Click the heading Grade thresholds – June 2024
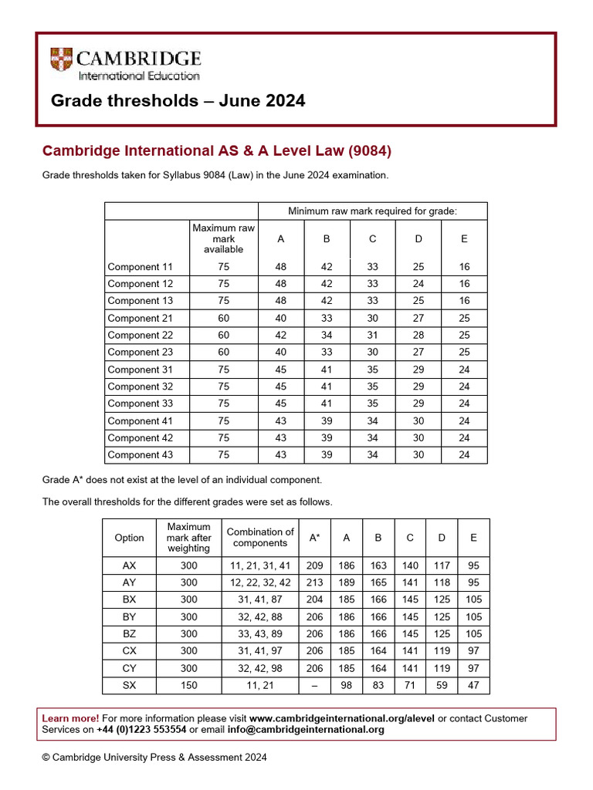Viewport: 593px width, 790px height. [178, 101]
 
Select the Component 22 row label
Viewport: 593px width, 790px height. [141, 335]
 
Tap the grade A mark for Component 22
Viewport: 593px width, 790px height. [280, 335]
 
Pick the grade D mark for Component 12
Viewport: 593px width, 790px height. [418, 284]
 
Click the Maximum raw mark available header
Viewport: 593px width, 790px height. [223, 238]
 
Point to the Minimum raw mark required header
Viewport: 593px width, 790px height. [372, 211]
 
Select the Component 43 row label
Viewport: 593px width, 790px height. [141, 455]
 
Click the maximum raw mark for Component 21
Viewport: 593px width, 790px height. [223, 318]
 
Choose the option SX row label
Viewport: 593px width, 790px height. [129, 685]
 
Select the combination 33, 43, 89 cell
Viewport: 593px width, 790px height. [260, 634]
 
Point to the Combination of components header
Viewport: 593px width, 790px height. [260, 537]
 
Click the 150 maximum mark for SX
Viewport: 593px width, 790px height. [188, 685]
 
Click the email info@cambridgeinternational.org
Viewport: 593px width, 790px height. [318, 730]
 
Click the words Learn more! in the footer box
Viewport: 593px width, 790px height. [70, 718]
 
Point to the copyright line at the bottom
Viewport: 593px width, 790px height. [154, 758]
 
